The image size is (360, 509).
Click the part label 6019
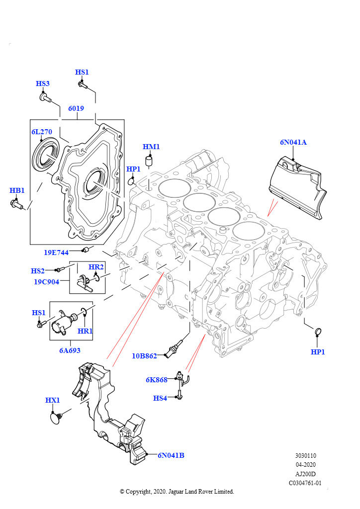(x=76, y=108)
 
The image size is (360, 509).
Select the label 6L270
(x=42, y=132)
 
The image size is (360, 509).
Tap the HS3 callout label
(x=43, y=84)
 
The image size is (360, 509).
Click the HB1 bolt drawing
(x=16, y=204)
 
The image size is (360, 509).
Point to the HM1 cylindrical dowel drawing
(x=149, y=161)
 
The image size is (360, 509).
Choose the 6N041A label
(x=293, y=142)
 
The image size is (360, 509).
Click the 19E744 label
(x=56, y=253)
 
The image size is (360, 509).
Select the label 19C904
(x=47, y=282)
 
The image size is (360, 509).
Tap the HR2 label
(x=96, y=267)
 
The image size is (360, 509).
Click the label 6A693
(x=70, y=350)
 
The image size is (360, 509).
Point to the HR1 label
(x=85, y=331)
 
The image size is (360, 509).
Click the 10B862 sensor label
(x=144, y=356)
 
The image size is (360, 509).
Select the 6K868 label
(x=157, y=380)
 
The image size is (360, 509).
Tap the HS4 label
(x=160, y=398)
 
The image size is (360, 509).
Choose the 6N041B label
(x=171, y=455)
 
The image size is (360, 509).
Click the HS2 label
(x=38, y=271)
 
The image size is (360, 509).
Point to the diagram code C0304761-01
(x=305, y=483)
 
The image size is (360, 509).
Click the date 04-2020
(x=305, y=465)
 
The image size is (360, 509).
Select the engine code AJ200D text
(x=305, y=474)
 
